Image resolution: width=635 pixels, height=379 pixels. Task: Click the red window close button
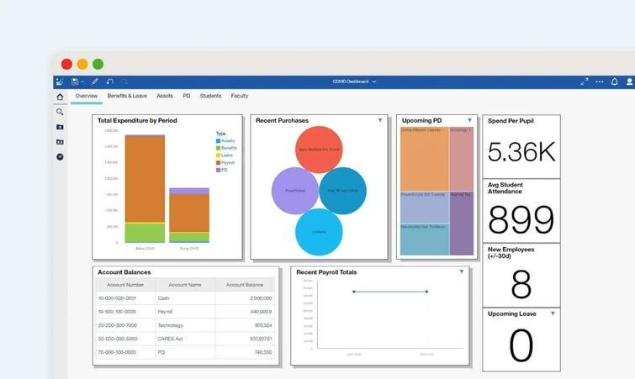[x=67, y=64]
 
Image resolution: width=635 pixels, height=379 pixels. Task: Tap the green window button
[x=98, y=64]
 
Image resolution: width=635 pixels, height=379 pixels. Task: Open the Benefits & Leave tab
[x=127, y=96]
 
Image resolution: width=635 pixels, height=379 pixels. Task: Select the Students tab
[x=210, y=96]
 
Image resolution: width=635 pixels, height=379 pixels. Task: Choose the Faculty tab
[x=240, y=96]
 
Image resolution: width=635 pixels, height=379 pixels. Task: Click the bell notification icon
[x=614, y=82]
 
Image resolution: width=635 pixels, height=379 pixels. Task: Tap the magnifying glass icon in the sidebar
[x=60, y=112]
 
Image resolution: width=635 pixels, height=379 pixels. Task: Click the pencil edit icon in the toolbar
[x=94, y=82]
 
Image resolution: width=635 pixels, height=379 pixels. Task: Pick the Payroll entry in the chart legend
[x=228, y=162]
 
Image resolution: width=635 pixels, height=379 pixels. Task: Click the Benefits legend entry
[x=229, y=148]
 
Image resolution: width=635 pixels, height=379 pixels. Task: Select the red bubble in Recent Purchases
[x=319, y=149]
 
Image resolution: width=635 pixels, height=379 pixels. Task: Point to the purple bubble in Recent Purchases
[x=295, y=190]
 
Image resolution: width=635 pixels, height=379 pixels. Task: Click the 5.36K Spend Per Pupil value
[x=521, y=151]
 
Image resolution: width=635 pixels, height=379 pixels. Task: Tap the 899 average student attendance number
[x=521, y=218]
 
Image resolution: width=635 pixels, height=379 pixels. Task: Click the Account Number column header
[x=124, y=285]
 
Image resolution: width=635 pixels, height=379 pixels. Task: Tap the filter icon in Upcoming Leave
[x=553, y=313]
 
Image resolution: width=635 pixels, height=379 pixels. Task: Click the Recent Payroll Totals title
[x=326, y=272]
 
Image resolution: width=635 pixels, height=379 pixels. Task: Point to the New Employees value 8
[x=521, y=285]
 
